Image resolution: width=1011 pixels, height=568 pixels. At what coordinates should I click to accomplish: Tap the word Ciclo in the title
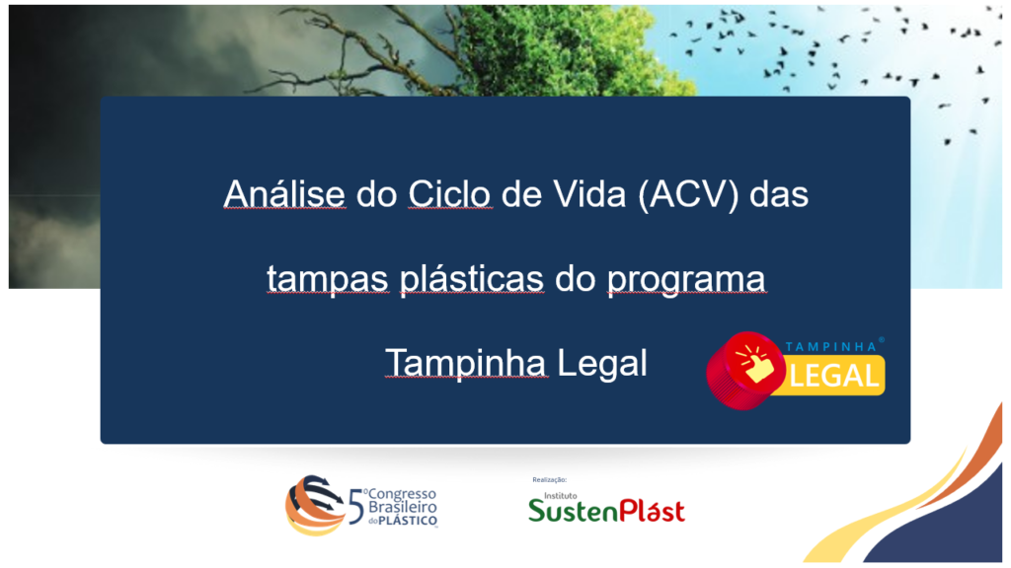(449, 193)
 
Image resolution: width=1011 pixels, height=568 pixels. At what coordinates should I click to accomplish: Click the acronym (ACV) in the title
(688, 194)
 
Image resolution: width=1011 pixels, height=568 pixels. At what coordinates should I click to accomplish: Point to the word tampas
(328, 279)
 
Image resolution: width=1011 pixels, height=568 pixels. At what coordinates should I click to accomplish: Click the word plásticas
(472, 279)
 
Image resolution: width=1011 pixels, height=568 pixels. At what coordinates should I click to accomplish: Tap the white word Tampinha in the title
(466, 363)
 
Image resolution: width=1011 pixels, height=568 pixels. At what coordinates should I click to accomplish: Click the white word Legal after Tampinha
(601, 363)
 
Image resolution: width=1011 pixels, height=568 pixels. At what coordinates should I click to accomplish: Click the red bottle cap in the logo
(744, 371)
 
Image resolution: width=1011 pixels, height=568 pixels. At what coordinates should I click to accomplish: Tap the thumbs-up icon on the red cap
(754, 365)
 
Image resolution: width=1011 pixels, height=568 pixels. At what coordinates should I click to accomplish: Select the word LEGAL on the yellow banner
(833, 376)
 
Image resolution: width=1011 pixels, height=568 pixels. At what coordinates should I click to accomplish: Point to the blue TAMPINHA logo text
(831, 346)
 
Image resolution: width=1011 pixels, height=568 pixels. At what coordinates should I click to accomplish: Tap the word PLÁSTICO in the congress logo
(408, 521)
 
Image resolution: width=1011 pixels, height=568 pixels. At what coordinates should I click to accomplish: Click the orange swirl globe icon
(314, 506)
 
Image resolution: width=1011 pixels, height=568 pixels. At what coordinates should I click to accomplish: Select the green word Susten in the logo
(573, 512)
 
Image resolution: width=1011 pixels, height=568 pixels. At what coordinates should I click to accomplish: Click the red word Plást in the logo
(652, 510)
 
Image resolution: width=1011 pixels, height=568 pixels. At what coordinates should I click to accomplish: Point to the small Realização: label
(549, 480)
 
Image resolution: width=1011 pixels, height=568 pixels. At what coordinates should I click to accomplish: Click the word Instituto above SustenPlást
(561, 495)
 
